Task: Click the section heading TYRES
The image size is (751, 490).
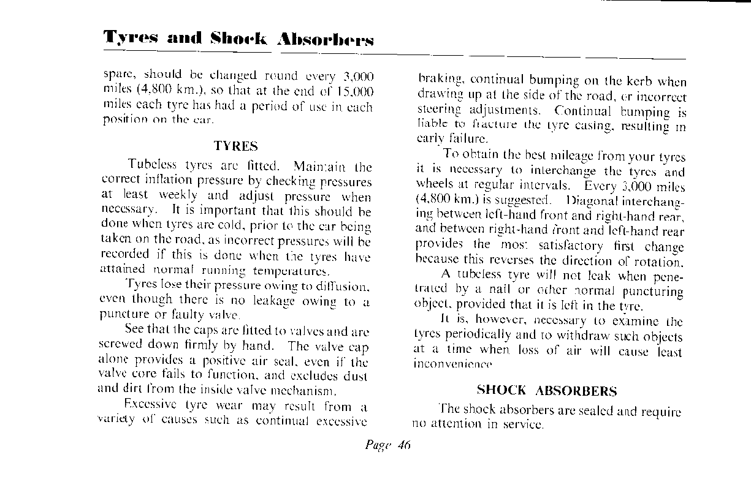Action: click(x=236, y=146)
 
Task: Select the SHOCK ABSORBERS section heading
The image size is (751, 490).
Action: click(x=547, y=391)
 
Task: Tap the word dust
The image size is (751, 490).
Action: click(x=359, y=374)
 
